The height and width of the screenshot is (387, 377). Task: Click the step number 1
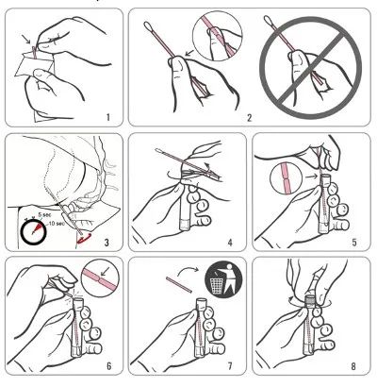(x=108, y=118)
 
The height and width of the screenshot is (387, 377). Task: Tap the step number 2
(x=250, y=118)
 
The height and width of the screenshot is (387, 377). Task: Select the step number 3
(x=107, y=243)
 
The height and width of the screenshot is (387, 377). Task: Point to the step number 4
(x=230, y=243)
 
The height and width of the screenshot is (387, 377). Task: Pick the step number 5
(x=354, y=243)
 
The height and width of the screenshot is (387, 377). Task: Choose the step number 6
(x=109, y=366)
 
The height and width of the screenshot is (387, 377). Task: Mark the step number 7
(x=230, y=366)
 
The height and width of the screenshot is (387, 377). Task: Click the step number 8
(x=353, y=366)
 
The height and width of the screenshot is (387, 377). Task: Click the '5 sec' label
(x=44, y=215)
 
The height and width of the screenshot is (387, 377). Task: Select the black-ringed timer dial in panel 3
(x=34, y=233)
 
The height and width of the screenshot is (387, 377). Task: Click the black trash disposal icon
(x=223, y=278)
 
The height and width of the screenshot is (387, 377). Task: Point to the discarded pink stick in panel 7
(x=179, y=284)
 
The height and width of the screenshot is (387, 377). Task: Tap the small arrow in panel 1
(x=26, y=40)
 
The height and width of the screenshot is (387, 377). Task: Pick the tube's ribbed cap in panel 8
(x=310, y=300)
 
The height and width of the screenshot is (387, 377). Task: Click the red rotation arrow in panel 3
(x=84, y=238)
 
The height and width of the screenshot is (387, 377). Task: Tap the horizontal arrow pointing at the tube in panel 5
(x=312, y=177)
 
